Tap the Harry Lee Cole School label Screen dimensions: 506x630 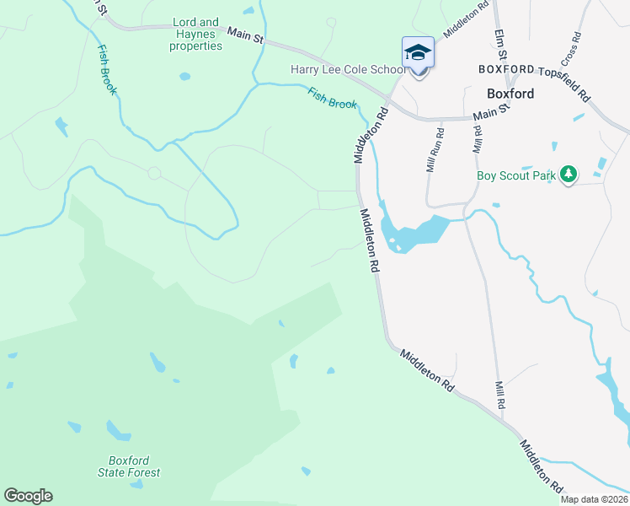(x=347, y=70)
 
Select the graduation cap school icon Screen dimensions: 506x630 (x=419, y=53)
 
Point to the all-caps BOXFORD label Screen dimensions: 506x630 (x=505, y=69)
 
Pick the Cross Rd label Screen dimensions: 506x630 (x=569, y=51)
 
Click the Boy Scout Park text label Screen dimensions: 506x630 (x=516, y=176)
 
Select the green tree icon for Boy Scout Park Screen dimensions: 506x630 (x=569, y=174)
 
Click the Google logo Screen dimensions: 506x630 (x=28, y=496)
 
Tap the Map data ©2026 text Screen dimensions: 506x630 (x=595, y=499)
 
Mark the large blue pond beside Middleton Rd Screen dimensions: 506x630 (x=413, y=233)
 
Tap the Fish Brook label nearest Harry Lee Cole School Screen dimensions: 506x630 (x=332, y=99)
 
